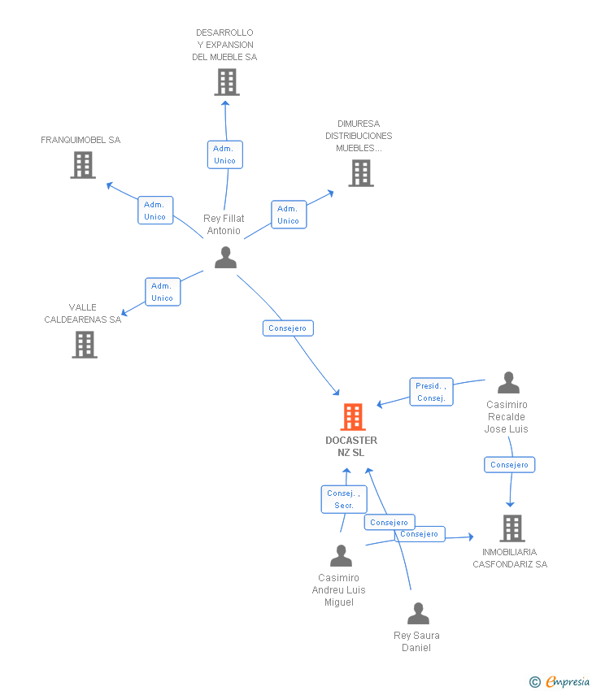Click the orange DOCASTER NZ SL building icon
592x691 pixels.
tap(352, 417)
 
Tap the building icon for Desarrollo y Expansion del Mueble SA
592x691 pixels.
tap(227, 82)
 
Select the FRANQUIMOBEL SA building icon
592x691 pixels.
tap(83, 165)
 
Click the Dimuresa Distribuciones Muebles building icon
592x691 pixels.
tap(361, 173)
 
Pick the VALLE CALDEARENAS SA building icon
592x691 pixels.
tap(85, 345)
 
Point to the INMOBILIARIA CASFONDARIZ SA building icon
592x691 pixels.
tap(511, 528)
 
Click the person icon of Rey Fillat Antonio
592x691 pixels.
tap(225, 258)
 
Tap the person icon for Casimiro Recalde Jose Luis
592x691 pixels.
tap(508, 383)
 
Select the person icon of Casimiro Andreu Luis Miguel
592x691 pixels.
tap(341, 556)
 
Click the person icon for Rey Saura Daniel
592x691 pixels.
tap(418, 614)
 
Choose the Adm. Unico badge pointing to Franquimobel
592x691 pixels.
tap(155, 211)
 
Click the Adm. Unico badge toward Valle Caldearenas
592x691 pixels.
tap(163, 292)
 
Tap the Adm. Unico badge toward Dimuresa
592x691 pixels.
tap(289, 215)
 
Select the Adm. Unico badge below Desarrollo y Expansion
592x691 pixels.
tap(224, 154)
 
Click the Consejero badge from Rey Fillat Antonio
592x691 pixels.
tap(288, 328)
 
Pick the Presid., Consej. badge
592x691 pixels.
tap(430, 392)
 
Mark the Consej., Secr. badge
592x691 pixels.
tap(343, 499)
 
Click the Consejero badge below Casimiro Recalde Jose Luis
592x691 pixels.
tap(510, 465)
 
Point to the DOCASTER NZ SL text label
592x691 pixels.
tap(351, 446)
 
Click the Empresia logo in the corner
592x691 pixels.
tap(560, 682)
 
